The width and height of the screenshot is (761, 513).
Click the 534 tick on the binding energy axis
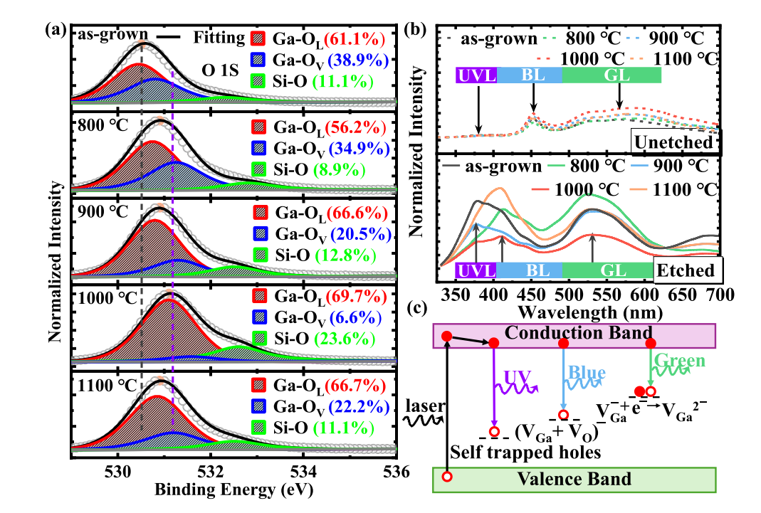click(x=303, y=471)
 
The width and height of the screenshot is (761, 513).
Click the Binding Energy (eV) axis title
click(x=234, y=490)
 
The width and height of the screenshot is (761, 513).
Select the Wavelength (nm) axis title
click(x=590, y=312)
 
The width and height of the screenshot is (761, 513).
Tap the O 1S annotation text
click(x=221, y=70)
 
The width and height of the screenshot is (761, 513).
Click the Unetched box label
click(x=673, y=142)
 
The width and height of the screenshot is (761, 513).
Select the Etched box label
click(x=686, y=270)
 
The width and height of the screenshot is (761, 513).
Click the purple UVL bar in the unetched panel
click(x=476, y=75)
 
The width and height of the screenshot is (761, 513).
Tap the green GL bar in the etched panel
click(x=608, y=270)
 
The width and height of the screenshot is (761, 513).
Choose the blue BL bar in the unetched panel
click(x=530, y=75)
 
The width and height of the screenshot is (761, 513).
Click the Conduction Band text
click(x=578, y=332)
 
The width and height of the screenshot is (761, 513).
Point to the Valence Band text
click(x=574, y=479)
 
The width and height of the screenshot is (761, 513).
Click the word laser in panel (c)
click(x=425, y=406)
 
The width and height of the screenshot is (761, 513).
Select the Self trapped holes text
click(x=525, y=453)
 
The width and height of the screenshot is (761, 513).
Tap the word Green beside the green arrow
click(x=679, y=360)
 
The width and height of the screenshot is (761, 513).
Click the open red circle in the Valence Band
click(x=447, y=477)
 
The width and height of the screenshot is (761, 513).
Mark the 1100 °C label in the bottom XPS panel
click(x=107, y=386)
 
